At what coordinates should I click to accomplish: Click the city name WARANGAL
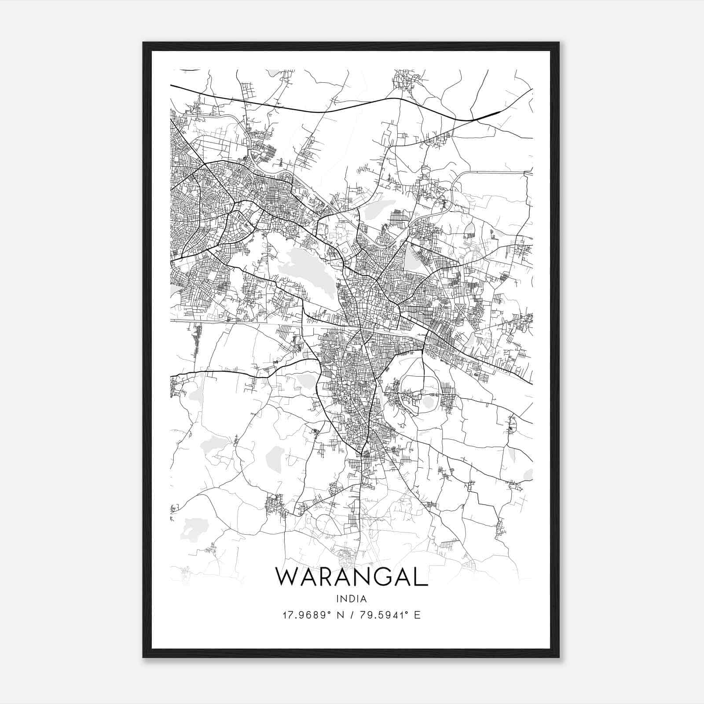[351, 576]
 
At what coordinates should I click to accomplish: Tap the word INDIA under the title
[351, 598]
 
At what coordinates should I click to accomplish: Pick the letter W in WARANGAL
[287, 576]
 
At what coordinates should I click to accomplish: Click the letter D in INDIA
[351, 598]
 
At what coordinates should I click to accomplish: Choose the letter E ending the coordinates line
[417, 615]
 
